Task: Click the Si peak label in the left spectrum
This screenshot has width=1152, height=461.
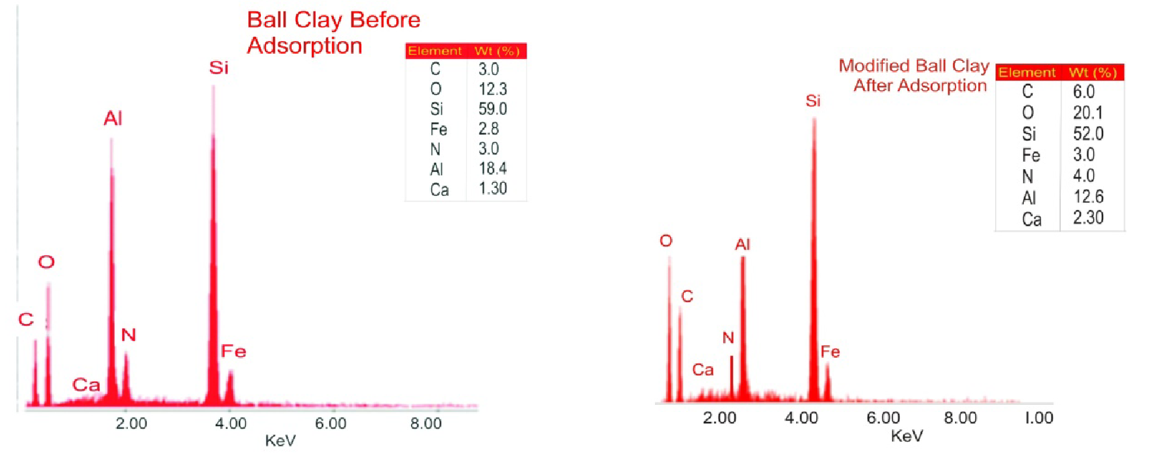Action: point(219,68)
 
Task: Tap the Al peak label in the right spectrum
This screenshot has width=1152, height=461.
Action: point(742,244)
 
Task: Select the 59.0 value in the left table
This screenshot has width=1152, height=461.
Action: point(492,109)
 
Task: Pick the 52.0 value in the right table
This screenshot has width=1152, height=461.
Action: point(1088,134)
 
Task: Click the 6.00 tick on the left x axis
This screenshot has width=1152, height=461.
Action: point(331,423)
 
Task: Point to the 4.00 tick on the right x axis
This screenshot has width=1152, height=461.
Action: point(801,418)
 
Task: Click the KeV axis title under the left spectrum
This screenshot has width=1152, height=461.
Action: point(280,441)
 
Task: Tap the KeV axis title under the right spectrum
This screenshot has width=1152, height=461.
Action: point(907,436)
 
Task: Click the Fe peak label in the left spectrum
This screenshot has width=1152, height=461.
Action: point(233,351)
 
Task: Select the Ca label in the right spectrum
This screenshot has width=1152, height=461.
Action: point(703,370)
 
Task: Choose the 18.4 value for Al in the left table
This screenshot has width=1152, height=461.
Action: point(492,168)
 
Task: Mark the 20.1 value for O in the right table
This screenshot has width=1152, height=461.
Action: point(1087,113)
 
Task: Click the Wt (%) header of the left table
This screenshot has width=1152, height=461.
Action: point(497,51)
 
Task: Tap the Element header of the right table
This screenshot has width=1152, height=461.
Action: point(1027,72)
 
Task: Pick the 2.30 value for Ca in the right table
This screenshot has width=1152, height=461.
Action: point(1088,217)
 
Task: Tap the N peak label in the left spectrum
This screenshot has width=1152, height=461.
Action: point(128,335)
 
